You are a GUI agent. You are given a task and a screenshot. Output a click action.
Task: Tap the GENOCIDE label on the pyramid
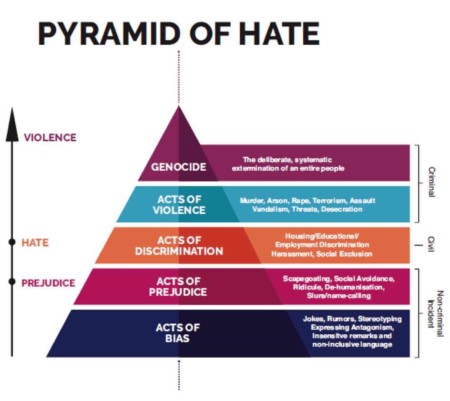pyautogui.click(x=178, y=167)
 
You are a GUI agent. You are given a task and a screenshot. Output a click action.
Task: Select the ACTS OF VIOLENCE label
pyautogui.click(x=179, y=205)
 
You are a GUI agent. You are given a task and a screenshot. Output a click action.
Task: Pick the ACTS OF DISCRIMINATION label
pyautogui.click(x=179, y=246)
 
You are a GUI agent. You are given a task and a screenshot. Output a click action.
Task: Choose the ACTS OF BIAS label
pyautogui.click(x=178, y=333)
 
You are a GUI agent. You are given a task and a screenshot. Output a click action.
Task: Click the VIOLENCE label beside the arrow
pyautogui.click(x=50, y=137)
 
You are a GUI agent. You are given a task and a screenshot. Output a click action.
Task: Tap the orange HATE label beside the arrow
pyautogui.click(x=35, y=243)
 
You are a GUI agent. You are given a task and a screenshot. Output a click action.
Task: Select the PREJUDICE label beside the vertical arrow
pyautogui.click(x=48, y=283)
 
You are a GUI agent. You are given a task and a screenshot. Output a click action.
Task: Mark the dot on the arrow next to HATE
pyautogui.click(x=11, y=243)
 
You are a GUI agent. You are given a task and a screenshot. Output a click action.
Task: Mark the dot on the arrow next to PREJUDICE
pyautogui.click(x=11, y=282)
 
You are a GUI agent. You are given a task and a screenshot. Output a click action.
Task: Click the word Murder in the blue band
pyautogui.click(x=253, y=201)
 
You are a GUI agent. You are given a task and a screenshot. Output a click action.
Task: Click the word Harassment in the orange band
pyautogui.click(x=292, y=254)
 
